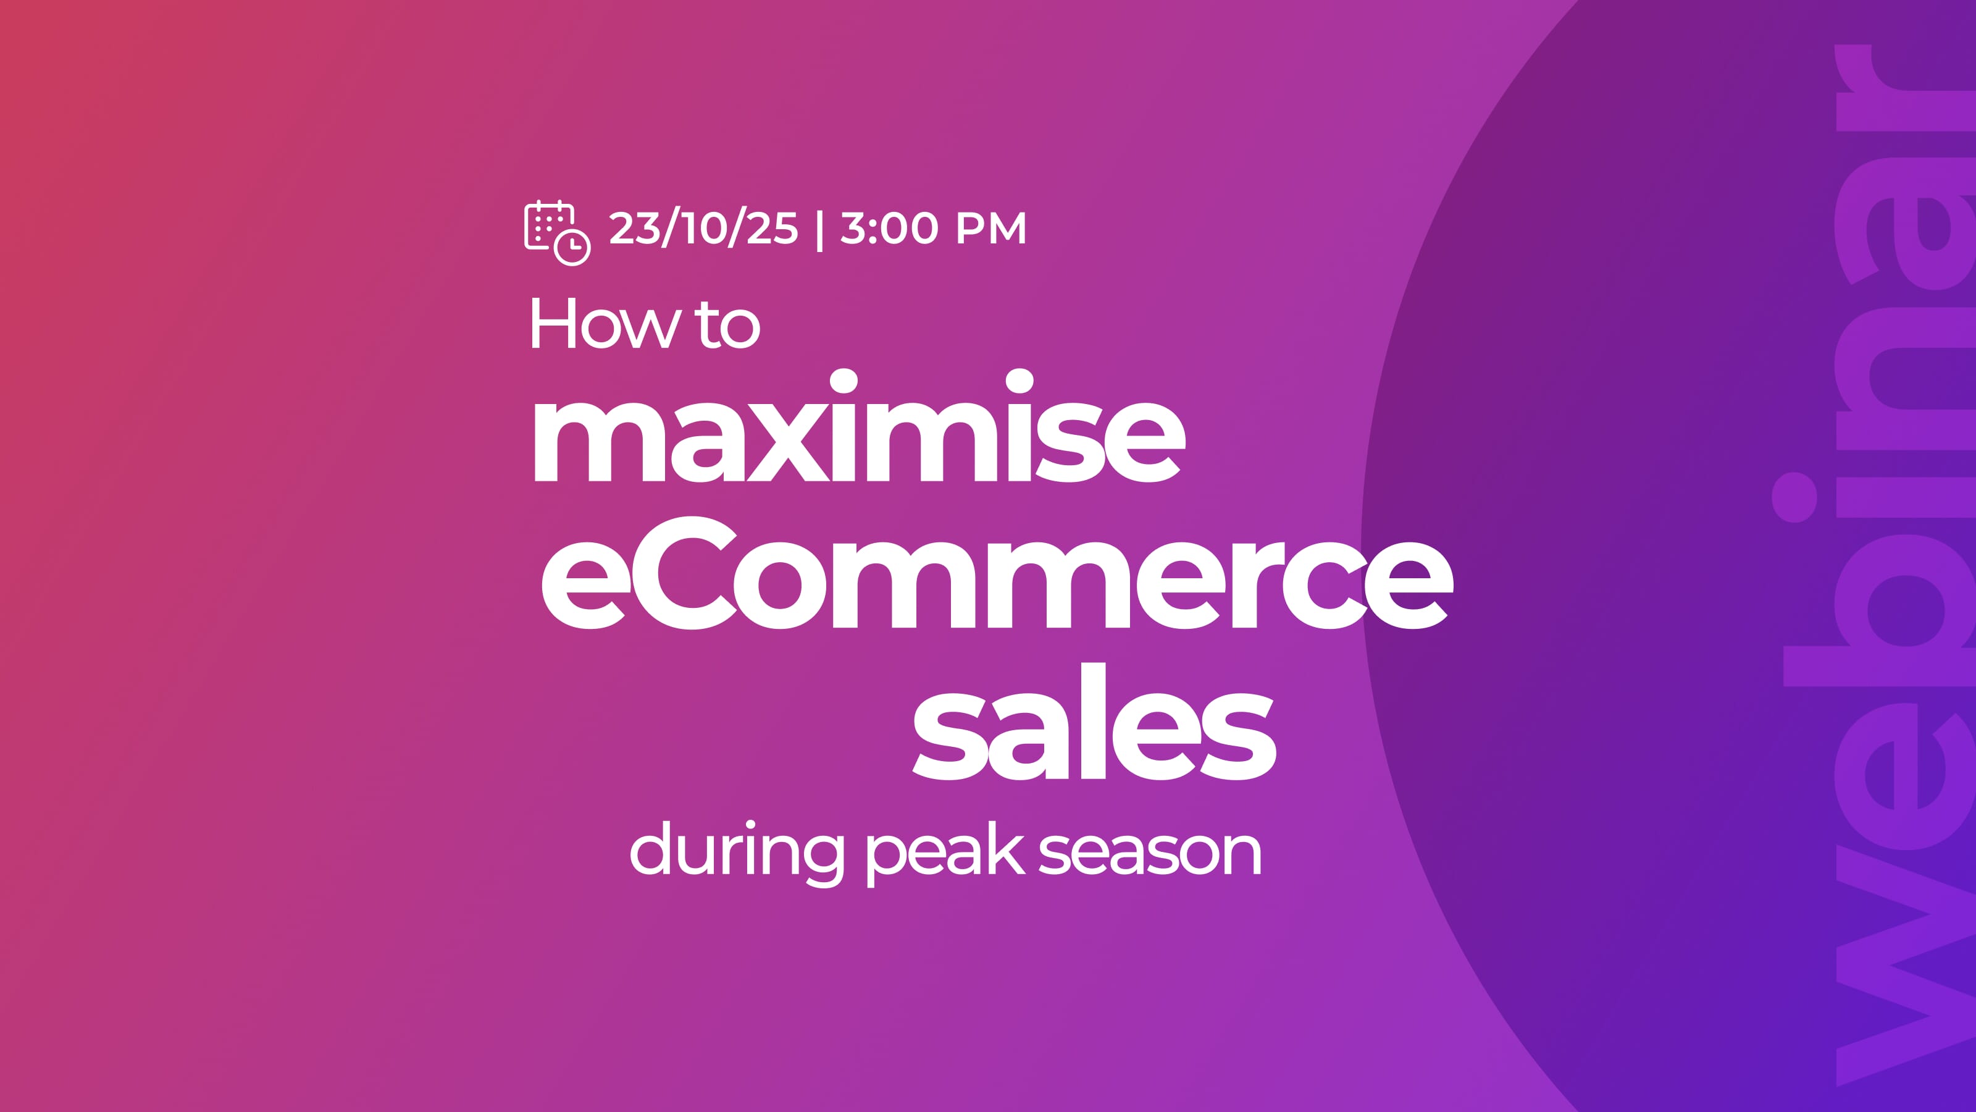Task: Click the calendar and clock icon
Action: coord(557,232)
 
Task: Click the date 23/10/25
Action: coord(703,228)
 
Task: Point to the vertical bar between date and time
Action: coord(820,229)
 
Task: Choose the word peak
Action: coord(945,853)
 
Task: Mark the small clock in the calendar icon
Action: coord(572,246)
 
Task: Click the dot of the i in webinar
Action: coord(1794,497)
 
